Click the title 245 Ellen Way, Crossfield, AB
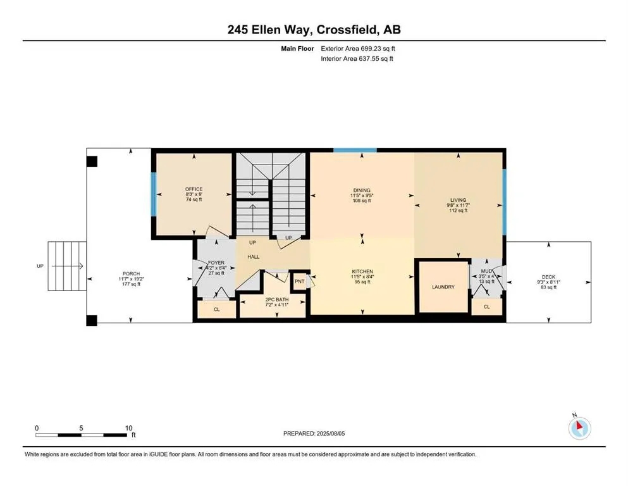tap(314, 30)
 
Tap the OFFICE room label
tap(193, 189)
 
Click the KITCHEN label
tap(362, 271)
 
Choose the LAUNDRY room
tap(443, 287)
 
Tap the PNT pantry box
tap(299, 281)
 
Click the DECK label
tap(548, 277)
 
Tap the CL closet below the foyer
tap(216, 309)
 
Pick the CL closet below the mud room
tap(486, 306)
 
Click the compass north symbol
tap(579, 428)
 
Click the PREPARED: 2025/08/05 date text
tap(314, 433)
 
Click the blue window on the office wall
tap(152, 196)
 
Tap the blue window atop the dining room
tap(355, 150)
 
